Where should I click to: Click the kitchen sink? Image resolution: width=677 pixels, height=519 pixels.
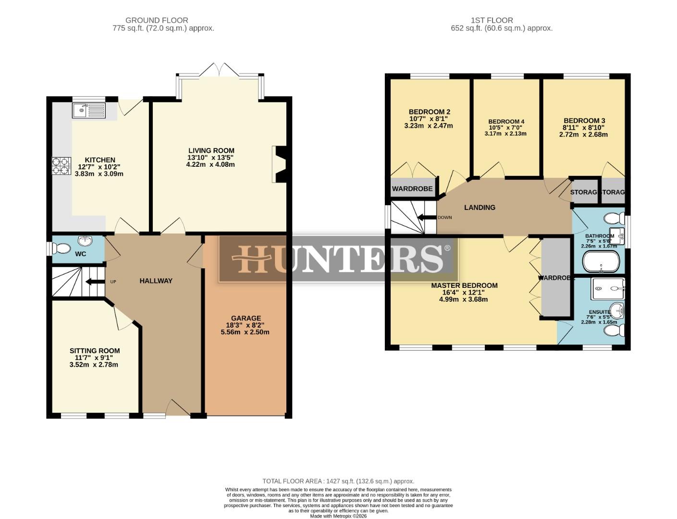(x=89, y=111)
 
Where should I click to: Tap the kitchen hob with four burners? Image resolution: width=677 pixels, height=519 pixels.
(x=62, y=165)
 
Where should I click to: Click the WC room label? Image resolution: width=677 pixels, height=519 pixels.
(x=81, y=254)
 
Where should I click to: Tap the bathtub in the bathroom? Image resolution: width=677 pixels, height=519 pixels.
(x=601, y=262)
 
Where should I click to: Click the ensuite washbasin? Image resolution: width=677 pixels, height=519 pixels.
(x=616, y=310)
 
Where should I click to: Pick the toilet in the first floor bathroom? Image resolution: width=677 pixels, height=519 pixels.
(x=613, y=219)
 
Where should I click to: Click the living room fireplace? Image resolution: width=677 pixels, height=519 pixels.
(x=279, y=164)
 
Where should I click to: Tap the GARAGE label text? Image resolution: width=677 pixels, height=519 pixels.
(x=246, y=318)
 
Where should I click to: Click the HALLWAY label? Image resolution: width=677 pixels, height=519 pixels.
(x=156, y=281)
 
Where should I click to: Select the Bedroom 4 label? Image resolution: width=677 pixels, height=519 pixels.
(x=506, y=122)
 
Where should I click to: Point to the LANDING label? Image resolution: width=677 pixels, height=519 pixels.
(x=480, y=208)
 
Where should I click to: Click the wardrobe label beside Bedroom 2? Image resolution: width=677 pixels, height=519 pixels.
(x=412, y=189)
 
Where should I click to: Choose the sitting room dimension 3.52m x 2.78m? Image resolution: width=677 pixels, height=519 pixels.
(x=94, y=365)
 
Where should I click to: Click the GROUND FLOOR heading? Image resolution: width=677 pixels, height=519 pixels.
(x=157, y=20)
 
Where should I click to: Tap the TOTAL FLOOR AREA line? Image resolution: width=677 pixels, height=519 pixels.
(x=338, y=481)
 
